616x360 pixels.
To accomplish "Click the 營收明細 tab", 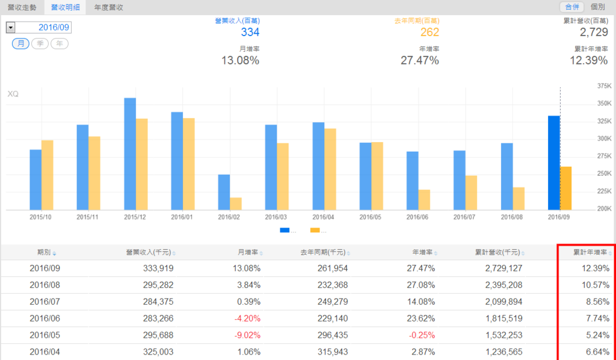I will (63, 7).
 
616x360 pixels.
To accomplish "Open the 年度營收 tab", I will (108, 7).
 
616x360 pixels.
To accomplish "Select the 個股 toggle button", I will (597, 7).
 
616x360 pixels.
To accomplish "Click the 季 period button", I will (40, 44).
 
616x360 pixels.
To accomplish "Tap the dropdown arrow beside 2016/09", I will (11, 28).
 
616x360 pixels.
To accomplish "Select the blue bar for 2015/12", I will (130, 154).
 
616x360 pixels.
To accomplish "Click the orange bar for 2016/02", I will (235, 203).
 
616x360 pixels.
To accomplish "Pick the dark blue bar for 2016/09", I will (554, 163).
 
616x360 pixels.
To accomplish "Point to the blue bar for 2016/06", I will (412, 181).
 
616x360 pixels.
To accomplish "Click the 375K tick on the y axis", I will (603, 86).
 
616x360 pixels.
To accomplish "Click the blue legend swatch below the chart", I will (285, 230).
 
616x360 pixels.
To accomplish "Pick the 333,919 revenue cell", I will (157, 268).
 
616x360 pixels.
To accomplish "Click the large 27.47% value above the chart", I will (419, 60).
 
